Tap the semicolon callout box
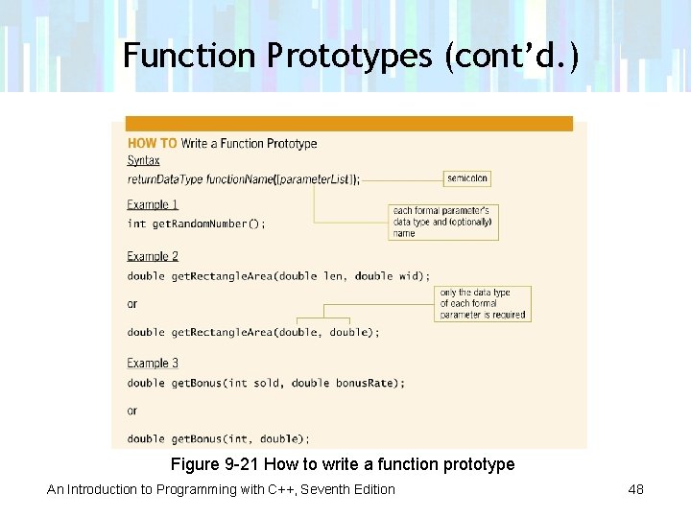[x=467, y=178]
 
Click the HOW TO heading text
[x=153, y=144]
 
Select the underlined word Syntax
[x=144, y=161]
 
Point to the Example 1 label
[x=153, y=204]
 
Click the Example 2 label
[x=153, y=256]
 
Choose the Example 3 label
[x=153, y=363]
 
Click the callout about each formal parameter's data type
[x=442, y=222]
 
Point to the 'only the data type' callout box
[x=482, y=303]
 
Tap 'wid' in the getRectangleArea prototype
[x=411, y=276]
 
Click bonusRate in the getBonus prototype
[x=365, y=383]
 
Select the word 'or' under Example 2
[x=132, y=304]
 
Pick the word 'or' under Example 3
[x=132, y=411]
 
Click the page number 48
[x=635, y=489]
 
